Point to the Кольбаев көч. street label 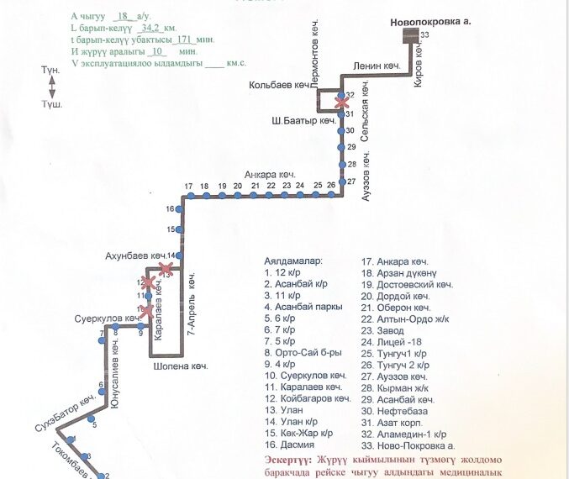279,85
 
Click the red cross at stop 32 341,101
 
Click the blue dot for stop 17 191,196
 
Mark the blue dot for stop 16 180,208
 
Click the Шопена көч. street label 180,366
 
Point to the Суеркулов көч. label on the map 103,320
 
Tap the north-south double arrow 52,86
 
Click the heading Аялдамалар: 292,261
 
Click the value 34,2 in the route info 152,28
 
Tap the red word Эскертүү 282,461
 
